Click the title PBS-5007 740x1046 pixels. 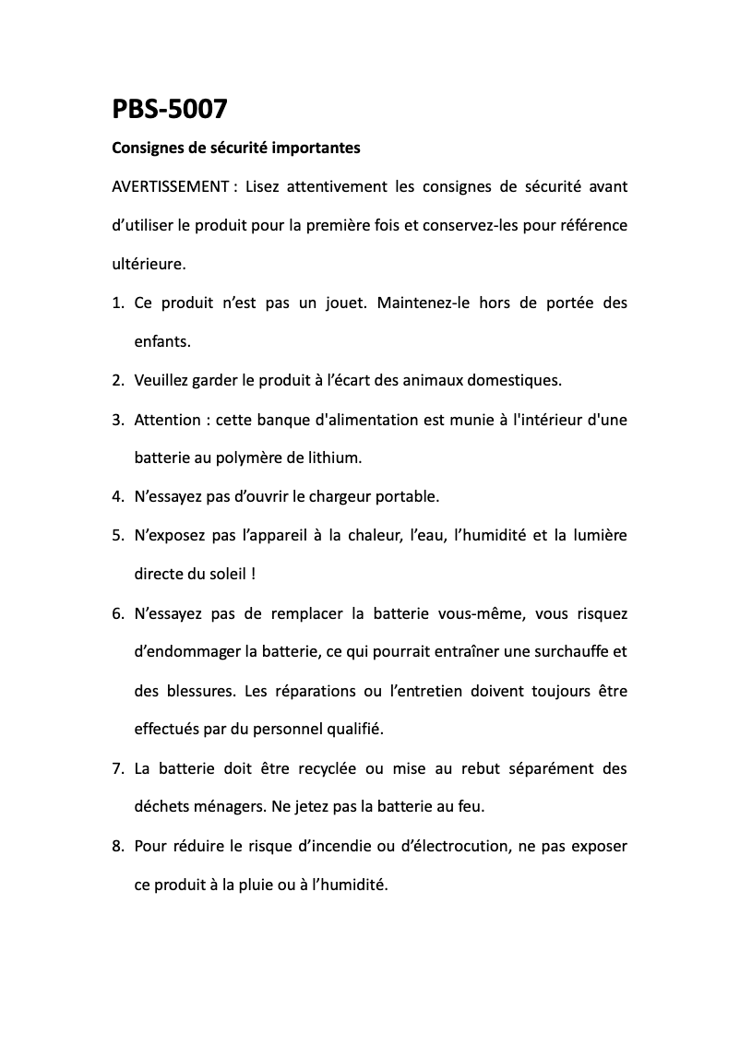click(x=169, y=110)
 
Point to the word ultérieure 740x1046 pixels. click(x=148, y=264)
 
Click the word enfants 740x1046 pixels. click(x=162, y=341)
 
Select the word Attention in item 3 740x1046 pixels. click(x=167, y=420)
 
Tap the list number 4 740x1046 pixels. click(x=117, y=497)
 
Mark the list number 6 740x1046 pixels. click(x=117, y=613)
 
